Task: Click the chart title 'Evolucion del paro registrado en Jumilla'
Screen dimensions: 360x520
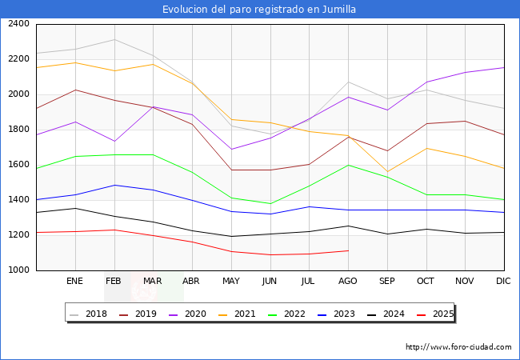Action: [259, 10]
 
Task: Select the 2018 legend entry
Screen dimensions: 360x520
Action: [90, 314]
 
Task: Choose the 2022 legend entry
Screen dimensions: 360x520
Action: [294, 314]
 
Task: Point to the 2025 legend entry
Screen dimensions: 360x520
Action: [442, 314]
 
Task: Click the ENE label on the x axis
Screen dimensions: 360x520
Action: [75, 282]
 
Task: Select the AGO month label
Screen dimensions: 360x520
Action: [348, 282]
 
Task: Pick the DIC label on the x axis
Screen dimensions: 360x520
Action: [503, 282]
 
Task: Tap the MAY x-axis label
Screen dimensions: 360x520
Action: [231, 282]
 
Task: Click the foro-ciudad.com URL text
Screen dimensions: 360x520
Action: [458, 347]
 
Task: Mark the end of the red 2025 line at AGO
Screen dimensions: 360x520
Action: [348, 250]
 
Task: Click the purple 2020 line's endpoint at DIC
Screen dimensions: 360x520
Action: [504, 67]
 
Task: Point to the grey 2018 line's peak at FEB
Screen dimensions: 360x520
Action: [114, 39]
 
